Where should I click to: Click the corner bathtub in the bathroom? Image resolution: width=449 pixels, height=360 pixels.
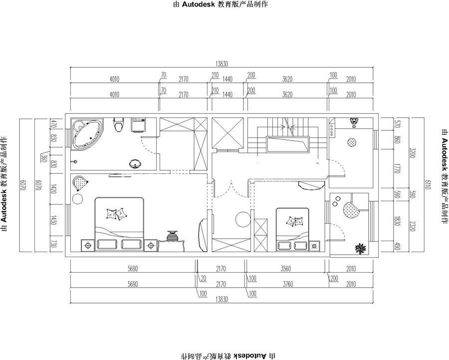click(88, 135)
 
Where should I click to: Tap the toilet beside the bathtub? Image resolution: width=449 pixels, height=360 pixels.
click(118, 125)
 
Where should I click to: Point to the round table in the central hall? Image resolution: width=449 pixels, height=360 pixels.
click(243, 219)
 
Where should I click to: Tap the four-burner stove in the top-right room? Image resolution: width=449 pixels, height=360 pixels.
click(332, 128)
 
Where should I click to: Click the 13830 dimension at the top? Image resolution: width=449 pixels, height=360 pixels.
click(222, 64)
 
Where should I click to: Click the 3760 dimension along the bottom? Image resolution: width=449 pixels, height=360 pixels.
click(288, 284)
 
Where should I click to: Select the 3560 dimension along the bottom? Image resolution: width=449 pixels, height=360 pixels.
click(285, 269)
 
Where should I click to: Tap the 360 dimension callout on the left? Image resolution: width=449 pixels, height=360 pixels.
click(44, 158)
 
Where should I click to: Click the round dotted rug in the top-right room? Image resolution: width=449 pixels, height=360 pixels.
click(353, 142)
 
